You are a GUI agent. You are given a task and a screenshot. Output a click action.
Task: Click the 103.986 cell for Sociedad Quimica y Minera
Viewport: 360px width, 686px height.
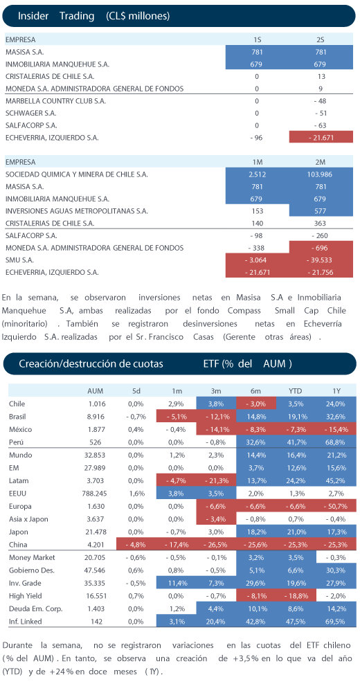[321, 174]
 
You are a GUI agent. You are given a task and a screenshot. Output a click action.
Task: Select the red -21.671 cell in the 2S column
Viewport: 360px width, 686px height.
[321, 137]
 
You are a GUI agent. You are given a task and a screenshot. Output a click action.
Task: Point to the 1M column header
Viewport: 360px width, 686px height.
[257, 162]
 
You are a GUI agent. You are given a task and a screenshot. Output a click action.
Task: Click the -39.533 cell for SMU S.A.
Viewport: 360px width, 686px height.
[321, 260]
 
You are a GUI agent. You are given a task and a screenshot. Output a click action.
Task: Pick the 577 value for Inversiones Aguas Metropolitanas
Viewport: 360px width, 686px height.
[321, 211]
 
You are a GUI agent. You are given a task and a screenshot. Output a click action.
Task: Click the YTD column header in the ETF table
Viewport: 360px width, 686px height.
[296, 390]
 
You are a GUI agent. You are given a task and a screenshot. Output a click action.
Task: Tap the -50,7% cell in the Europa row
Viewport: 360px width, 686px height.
[336, 506]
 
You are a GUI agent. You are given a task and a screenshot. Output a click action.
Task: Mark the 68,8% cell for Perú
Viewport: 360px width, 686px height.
[336, 442]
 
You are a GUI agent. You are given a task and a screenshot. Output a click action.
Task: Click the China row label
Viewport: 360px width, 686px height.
[17, 545]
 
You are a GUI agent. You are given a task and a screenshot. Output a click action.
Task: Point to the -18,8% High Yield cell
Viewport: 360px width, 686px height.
[296, 596]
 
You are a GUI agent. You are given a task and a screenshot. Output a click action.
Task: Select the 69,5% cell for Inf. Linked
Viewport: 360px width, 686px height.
[336, 621]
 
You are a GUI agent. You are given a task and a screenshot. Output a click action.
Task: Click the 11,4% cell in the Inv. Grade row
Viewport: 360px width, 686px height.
[177, 583]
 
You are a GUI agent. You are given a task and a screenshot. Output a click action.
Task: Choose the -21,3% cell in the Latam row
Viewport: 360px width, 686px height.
[216, 480]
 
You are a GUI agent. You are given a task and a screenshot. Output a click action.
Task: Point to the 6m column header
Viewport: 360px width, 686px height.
[256, 390]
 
